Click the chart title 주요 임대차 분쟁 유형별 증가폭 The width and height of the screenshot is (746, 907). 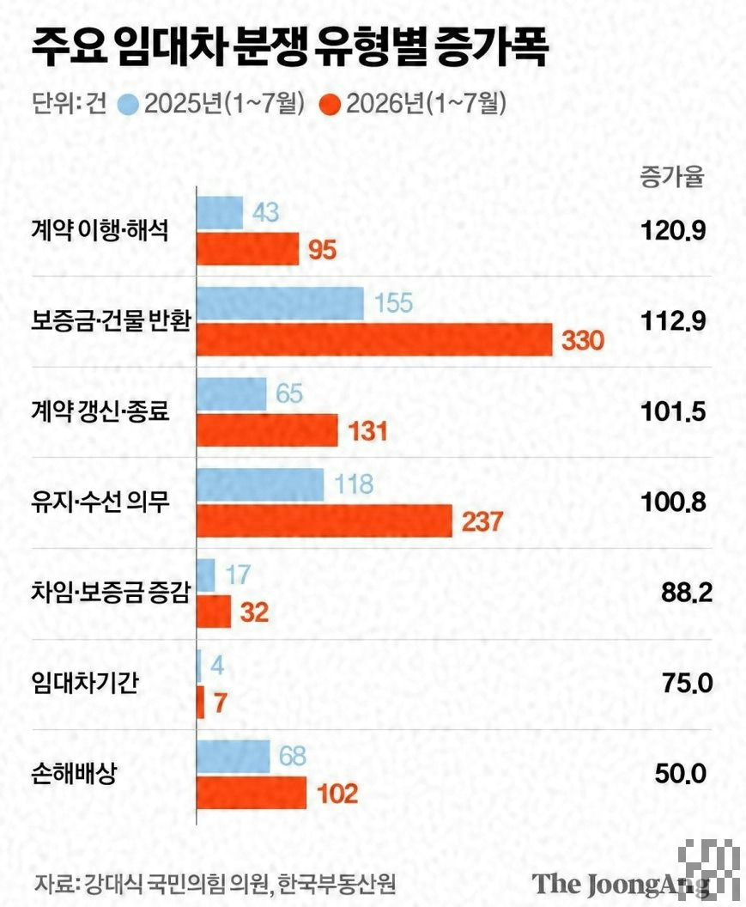(289, 48)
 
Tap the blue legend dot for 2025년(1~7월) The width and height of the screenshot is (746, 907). (129, 105)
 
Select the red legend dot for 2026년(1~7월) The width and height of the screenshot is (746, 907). (331, 105)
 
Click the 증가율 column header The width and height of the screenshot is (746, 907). (672, 176)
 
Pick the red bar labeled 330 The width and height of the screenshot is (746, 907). (375, 339)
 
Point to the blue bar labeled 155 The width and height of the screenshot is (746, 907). (281, 303)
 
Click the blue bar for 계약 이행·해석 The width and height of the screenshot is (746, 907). (220, 213)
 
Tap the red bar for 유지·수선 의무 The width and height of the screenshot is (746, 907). (324, 520)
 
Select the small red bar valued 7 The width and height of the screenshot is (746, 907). (201, 703)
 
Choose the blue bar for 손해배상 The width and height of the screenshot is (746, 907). (234, 757)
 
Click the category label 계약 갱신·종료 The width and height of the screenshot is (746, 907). (100, 412)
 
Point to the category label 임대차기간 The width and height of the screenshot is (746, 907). (84, 683)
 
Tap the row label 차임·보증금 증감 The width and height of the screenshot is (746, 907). (111, 593)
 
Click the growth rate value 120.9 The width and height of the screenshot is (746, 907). (673, 231)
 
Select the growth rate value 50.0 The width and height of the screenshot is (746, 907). (681, 774)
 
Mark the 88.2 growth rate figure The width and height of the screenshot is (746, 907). (687, 594)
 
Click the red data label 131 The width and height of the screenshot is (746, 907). (367, 431)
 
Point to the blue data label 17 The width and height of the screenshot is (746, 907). (238, 575)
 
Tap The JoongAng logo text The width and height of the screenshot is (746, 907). (621, 884)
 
